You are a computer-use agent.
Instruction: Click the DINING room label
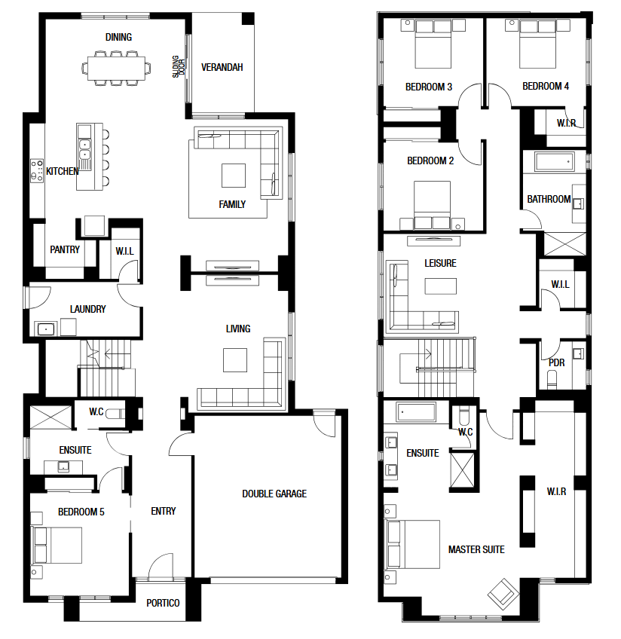point(118,37)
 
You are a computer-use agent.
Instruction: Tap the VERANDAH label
point(222,67)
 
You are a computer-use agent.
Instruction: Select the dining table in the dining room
point(117,68)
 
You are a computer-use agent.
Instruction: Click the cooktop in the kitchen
point(37,170)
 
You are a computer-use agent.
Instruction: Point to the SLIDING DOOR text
point(179,66)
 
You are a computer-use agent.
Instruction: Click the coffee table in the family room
point(234,176)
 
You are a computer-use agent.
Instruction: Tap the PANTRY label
point(65,249)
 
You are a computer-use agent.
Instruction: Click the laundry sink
point(46,329)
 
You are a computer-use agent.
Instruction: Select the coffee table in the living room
point(234,360)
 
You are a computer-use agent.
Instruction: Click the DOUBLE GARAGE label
point(274,494)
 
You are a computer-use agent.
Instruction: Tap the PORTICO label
point(163,603)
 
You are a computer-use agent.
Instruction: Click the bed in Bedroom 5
point(57,546)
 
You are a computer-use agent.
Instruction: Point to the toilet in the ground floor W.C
point(115,414)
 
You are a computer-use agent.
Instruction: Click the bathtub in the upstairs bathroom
point(555,162)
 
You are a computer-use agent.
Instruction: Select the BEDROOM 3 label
point(429,87)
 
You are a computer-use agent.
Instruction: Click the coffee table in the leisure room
point(440,286)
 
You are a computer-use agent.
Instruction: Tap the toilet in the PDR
point(552,380)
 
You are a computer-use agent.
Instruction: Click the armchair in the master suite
point(503,594)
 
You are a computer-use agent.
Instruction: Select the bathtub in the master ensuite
point(416,412)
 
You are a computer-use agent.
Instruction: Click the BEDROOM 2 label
point(430,161)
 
